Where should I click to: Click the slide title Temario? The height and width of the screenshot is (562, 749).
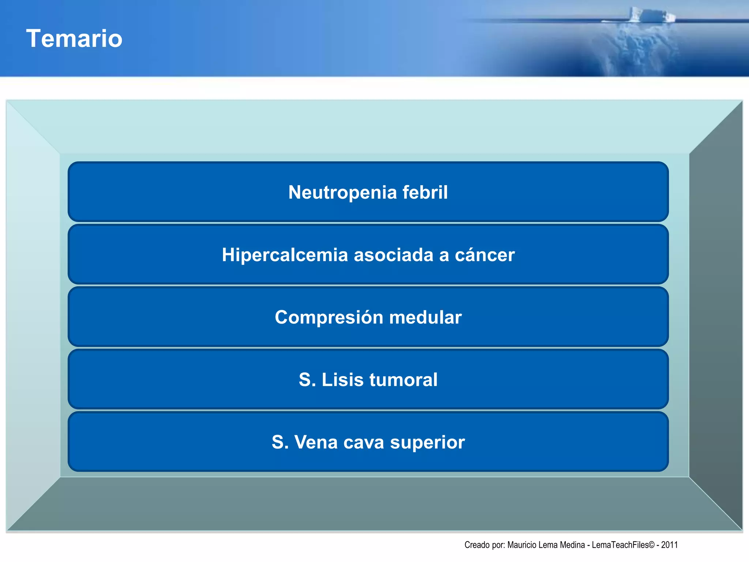[x=74, y=38]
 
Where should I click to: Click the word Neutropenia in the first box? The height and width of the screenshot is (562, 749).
[x=342, y=192]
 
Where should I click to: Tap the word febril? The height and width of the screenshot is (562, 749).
[x=425, y=192]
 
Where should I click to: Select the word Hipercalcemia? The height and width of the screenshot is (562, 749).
[x=285, y=255]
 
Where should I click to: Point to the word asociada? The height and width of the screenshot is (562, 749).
[x=393, y=255]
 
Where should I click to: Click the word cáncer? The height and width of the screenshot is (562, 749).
[x=485, y=255]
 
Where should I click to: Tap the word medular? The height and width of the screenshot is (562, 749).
[x=425, y=317]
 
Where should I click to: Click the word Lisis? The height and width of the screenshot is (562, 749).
[x=342, y=380]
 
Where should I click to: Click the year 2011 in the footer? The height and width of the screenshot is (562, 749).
[x=669, y=545]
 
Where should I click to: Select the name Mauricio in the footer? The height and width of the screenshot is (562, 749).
[x=522, y=545]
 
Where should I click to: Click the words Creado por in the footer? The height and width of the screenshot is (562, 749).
[x=484, y=545]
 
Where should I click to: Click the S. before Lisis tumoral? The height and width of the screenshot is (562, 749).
[x=307, y=380]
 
